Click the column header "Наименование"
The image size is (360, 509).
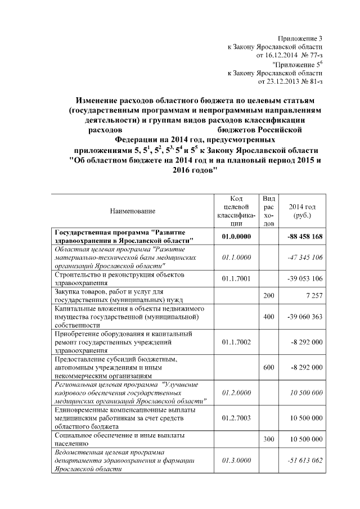pos(132,210)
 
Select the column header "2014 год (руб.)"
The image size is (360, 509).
pos(305,210)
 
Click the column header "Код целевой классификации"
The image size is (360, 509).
pos(236,210)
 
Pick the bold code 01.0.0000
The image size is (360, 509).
pos(236,237)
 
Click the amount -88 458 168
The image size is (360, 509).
pos(304,237)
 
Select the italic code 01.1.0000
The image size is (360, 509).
pos(236,257)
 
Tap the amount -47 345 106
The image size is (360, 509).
pos(304,257)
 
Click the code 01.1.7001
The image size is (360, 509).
pos(236,278)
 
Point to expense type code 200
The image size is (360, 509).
pos(269,295)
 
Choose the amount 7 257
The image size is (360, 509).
pos(312,295)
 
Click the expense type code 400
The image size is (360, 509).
pos(269,317)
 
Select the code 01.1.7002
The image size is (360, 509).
pos(236,341)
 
